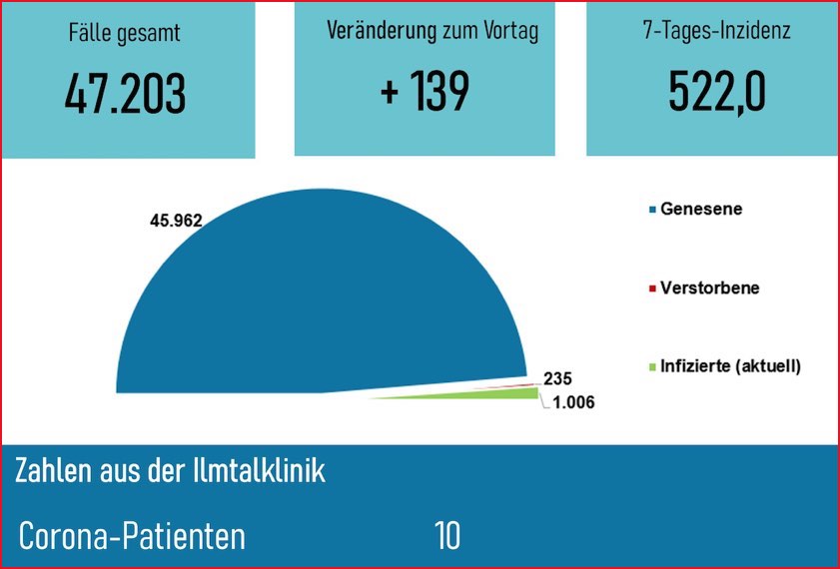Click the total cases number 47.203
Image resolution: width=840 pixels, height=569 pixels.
point(126,94)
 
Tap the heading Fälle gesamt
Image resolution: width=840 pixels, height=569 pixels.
point(126,33)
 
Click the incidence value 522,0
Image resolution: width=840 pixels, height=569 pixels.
point(716,93)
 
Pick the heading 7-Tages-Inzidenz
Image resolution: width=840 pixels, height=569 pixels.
point(716,31)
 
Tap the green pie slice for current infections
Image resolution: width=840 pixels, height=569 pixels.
point(499,394)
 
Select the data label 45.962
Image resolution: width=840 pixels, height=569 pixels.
point(176,221)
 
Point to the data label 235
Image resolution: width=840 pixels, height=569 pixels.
point(557,378)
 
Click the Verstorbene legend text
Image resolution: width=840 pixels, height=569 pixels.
point(709,287)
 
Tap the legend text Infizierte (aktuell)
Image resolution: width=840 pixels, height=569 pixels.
point(730,366)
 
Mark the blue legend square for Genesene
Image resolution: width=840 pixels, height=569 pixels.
point(652,210)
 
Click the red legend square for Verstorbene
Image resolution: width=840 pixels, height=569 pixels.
point(652,288)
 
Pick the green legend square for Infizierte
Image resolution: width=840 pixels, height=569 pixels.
point(652,366)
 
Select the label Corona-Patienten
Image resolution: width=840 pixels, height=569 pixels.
point(132,536)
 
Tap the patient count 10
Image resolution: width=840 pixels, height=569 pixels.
point(447,536)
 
